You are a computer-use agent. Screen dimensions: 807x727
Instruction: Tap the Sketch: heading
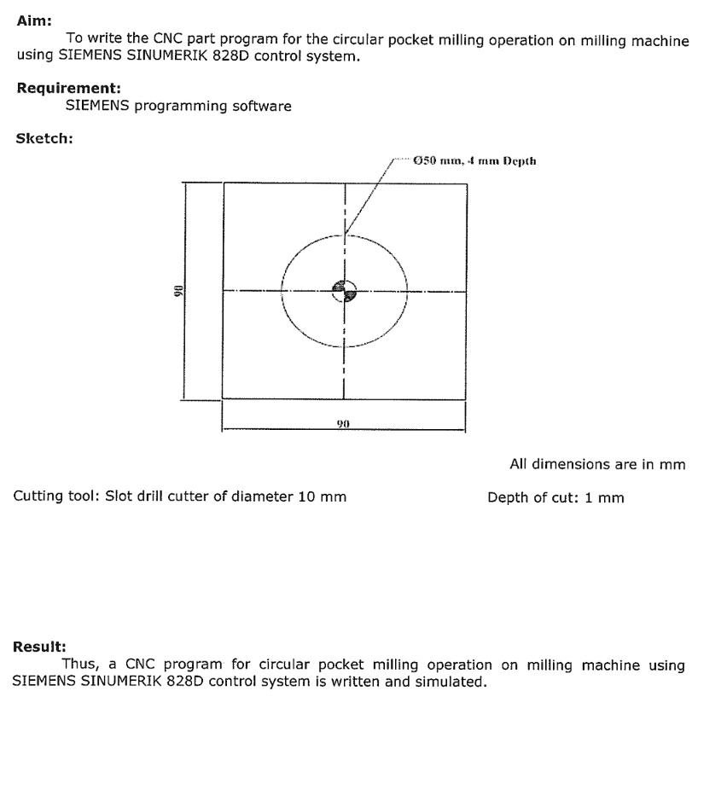click(44, 140)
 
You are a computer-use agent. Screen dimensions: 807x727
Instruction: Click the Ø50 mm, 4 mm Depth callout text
click(473, 160)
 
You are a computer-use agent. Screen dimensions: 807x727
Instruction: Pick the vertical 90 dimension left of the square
click(177, 291)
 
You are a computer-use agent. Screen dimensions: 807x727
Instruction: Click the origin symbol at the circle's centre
click(344, 290)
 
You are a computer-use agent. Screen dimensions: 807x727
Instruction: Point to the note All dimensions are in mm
click(597, 465)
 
